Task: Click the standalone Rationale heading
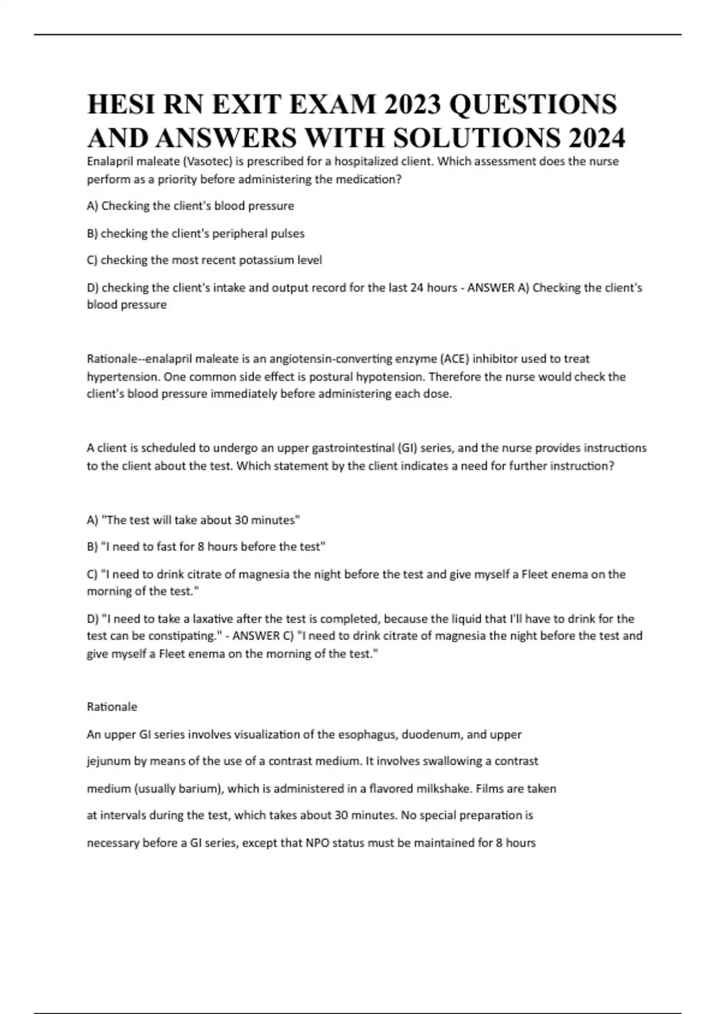(x=112, y=707)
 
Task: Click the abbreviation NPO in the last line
(x=317, y=843)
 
